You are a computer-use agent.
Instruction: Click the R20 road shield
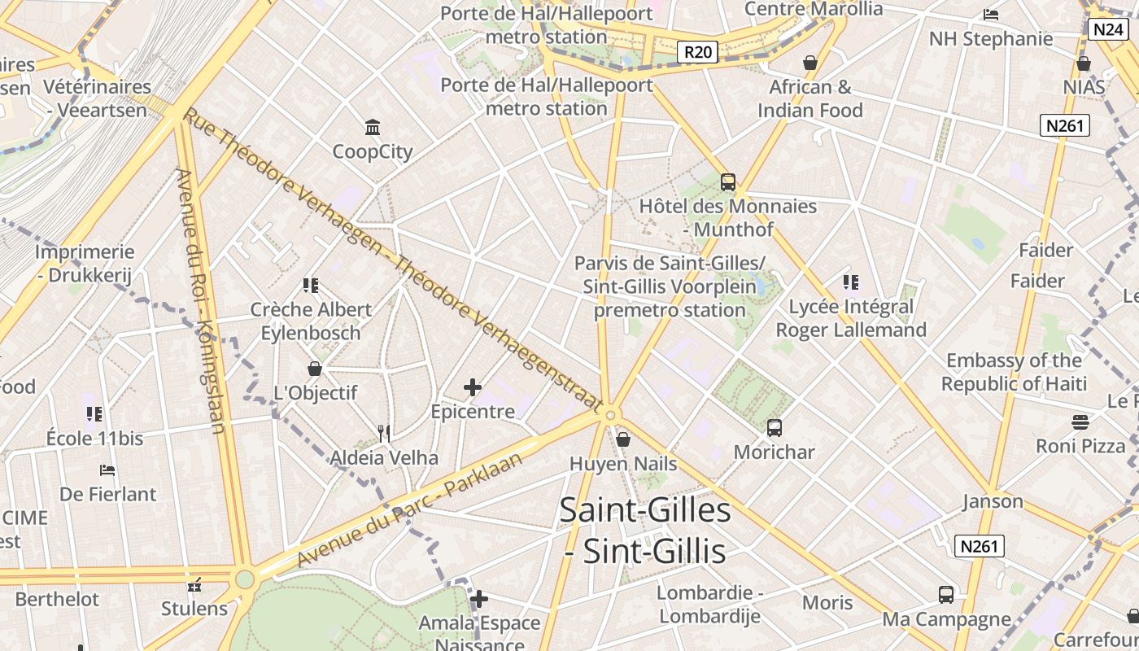[698, 53]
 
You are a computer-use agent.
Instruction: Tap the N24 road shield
[1108, 29]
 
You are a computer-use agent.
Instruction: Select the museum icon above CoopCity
[373, 127]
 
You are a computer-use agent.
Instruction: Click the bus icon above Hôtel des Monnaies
[728, 182]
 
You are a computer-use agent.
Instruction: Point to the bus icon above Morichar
[775, 427]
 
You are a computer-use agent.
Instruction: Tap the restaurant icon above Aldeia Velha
[384, 433]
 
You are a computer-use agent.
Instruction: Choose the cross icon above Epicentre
[473, 387]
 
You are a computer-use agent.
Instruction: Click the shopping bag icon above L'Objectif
[315, 369]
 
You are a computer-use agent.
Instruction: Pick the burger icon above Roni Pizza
[1080, 422]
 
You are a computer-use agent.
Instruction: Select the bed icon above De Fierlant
[107, 470]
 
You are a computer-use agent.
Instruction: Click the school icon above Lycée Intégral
[851, 282]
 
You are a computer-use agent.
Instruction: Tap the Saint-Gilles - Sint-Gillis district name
[645, 531]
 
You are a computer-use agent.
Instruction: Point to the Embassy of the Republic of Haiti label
[1014, 372]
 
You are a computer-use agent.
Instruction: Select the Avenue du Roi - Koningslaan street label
[204, 301]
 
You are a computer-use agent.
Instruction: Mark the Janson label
[993, 501]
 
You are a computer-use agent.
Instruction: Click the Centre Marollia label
[814, 9]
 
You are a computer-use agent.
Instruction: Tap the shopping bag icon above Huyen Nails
[623, 439]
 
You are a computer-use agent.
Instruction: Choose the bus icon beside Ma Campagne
[946, 595]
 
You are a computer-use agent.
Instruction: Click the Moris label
[827, 603]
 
